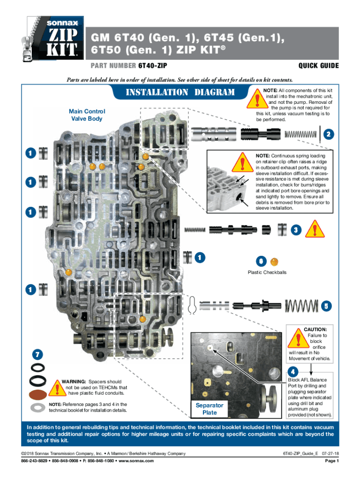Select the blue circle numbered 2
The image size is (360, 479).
pyautogui.click(x=329, y=134)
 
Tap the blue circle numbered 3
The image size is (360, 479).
pyautogui.click(x=295, y=230)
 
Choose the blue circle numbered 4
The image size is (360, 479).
pyautogui.click(x=293, y=372)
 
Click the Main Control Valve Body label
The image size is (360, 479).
pyautogui.click(x=87, y=115)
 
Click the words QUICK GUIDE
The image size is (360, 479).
pyautogui.click(x=318, y=66)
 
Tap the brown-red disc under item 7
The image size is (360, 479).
pyautogui.click(x=37, y=393)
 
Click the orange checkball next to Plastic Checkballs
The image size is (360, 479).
pyautogui.click(x=275, y=261)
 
